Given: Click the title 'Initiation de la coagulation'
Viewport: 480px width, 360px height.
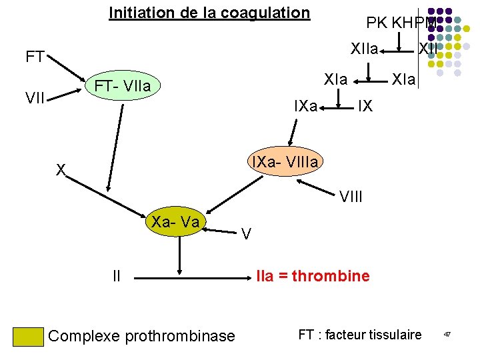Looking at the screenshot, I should click(x=209, y=13).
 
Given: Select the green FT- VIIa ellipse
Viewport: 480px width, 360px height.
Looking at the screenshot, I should click(x=123, y=86).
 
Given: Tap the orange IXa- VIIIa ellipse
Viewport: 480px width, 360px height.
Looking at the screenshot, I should click(x=285, y=162).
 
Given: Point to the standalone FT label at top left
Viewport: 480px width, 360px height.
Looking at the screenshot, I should click(x=35, y=57).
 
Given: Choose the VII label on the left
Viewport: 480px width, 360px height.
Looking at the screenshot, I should click(x=36, y=99).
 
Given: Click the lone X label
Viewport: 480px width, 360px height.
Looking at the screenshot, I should click(x=61, y=171).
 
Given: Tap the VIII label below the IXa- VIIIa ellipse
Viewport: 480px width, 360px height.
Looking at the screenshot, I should click(x=351, y=197).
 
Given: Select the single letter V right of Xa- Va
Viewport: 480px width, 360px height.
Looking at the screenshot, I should click(x=246, y=234).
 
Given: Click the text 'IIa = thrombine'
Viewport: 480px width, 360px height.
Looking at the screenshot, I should click(x=313, y=276).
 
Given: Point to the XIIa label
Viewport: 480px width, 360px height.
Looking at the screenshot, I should click(x=365, y=49).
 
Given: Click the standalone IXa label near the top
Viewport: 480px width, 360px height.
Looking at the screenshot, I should click(x=306, y=105).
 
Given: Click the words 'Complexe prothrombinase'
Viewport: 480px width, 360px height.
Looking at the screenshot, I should click(x=142, y=336).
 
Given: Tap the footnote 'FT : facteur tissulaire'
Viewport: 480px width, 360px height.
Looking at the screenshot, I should click(x=360, y=335).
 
